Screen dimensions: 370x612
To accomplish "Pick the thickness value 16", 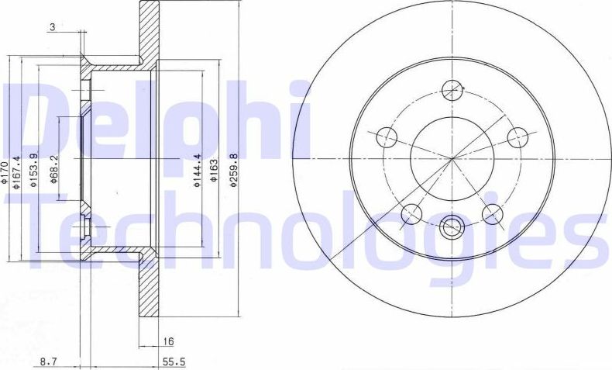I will [x=167, y=341].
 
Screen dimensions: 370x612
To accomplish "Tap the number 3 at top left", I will [x=51, y=27].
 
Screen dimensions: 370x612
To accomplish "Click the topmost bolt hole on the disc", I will [x=450, y=90].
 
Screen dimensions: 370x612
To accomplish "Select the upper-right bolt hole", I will [x=517, y=137].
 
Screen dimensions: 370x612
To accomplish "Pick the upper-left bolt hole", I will [x=385, y=138].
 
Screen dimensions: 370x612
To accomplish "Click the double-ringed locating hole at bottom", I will [x=450, y=227].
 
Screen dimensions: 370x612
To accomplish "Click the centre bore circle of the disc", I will [x=450, y=158].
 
